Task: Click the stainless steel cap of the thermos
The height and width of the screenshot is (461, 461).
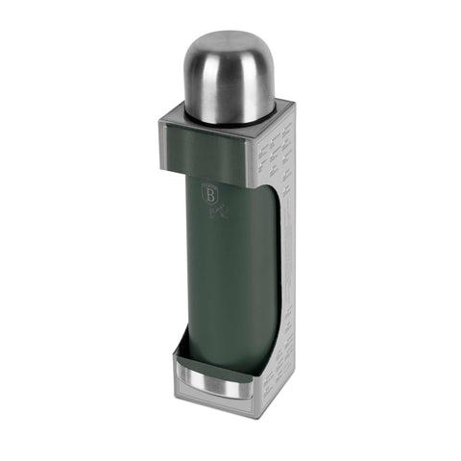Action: (x=228, y=77)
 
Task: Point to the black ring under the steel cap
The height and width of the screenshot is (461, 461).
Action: (x=229, y=120)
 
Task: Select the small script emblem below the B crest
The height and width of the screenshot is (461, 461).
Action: (x=215, y=210)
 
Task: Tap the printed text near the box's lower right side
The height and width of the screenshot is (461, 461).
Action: (x=279, y=375)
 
